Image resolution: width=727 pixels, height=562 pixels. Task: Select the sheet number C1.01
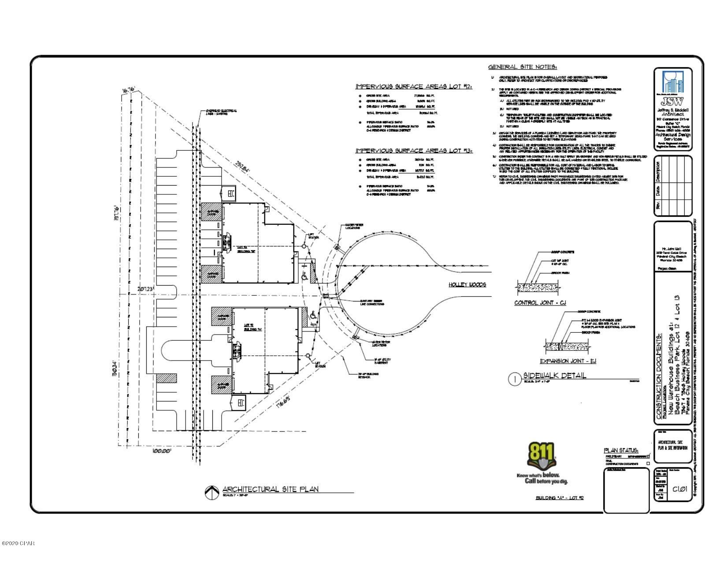(680, 489)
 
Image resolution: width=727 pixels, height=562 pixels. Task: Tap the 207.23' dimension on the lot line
(144, 288)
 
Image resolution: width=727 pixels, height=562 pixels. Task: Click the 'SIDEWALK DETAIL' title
(554, 376)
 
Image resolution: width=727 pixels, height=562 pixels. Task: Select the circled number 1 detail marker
(514, 380)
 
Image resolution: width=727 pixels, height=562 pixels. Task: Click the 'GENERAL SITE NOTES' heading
(523, 67)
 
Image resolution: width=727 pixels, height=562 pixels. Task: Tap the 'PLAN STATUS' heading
(621, 450)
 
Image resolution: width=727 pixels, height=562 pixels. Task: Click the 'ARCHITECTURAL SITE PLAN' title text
(270, 489)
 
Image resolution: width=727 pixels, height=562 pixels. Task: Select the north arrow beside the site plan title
(212, 492)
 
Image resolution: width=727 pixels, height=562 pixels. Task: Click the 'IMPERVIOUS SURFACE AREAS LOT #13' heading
(414, 151)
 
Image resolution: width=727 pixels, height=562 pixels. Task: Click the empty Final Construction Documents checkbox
(648, 463)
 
